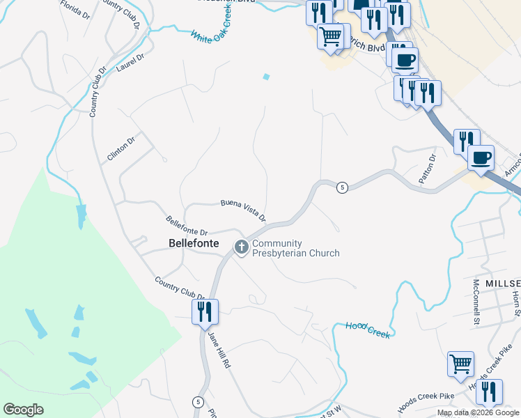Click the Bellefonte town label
click(x=194, y=244)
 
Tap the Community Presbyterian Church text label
click(x=296, y=248)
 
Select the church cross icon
click(x=241, y=247)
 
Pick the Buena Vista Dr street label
click(x=243, y=209)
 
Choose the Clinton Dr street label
click(x=120, y=149)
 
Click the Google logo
click(x=23, y=410)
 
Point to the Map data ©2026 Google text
click(x=477, y=412)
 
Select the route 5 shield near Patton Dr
click(x=341, y=187)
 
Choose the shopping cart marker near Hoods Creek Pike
click(x=460, y=364)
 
